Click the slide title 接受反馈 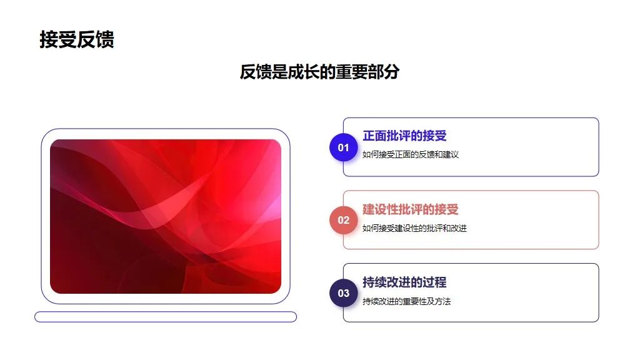click(x=77, y=39)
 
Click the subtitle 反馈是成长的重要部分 click(x=319, y=72)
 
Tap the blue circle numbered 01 click(x=343, y=147)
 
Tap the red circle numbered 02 click(x=343, y=221)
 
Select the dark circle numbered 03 click(x=343, y=293)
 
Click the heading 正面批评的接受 click(x=404, y=136)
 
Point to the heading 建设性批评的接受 click(x=410, y=209)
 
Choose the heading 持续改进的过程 click(x=404, y=282)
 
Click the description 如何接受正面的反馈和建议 click(x=411, y=154)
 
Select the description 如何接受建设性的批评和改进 click(x=414, y=228)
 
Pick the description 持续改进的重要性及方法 click(x=406, y=301)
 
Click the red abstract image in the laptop click(x=166, y=216)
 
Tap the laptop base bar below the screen click(x=166, y=317)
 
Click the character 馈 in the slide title click(x=105, y=39)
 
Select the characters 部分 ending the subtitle click(x=384, y=72)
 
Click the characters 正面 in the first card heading click(x=374, y=136)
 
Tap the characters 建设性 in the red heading click(x=381, y=209)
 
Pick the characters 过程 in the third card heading click(x=435, y=282)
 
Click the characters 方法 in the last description click(x=443, y=301)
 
